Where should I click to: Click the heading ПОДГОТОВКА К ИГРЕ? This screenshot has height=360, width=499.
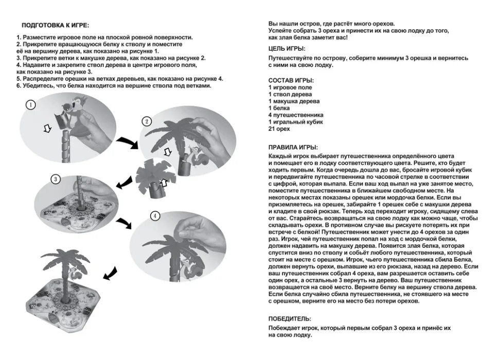[55, 25]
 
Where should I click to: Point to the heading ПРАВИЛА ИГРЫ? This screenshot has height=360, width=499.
[293, 147]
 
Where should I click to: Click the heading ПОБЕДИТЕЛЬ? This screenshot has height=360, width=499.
[290, 319]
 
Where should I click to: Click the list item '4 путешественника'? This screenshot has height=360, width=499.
[296, 115]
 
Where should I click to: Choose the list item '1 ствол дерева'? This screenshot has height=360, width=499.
[290, 95]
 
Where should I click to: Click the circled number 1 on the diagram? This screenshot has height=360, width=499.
[31, 104]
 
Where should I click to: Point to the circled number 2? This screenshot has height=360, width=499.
[147, 121]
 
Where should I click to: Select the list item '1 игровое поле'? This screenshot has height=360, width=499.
[290, 88]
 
